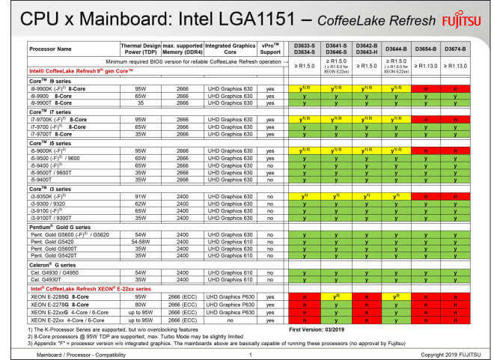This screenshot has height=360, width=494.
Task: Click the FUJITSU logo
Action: [x=461, y=18]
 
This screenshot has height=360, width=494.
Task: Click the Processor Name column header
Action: [x=52, y=49]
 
